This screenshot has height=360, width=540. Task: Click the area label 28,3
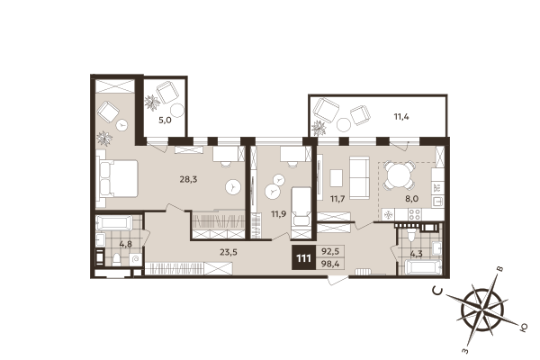[187, 179]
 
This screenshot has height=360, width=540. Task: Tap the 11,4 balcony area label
[400, 115]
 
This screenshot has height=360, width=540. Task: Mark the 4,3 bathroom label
[418, 255]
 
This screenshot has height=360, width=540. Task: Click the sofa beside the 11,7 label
[358, 177]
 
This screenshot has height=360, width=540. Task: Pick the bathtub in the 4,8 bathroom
[114, 223]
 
